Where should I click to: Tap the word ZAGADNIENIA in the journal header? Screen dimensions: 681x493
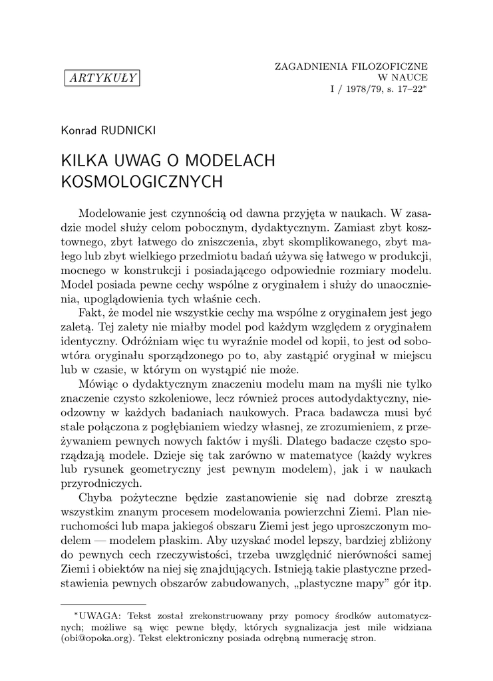tap(309, 67)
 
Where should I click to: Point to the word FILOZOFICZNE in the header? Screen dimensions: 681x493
tap(388, 67)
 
